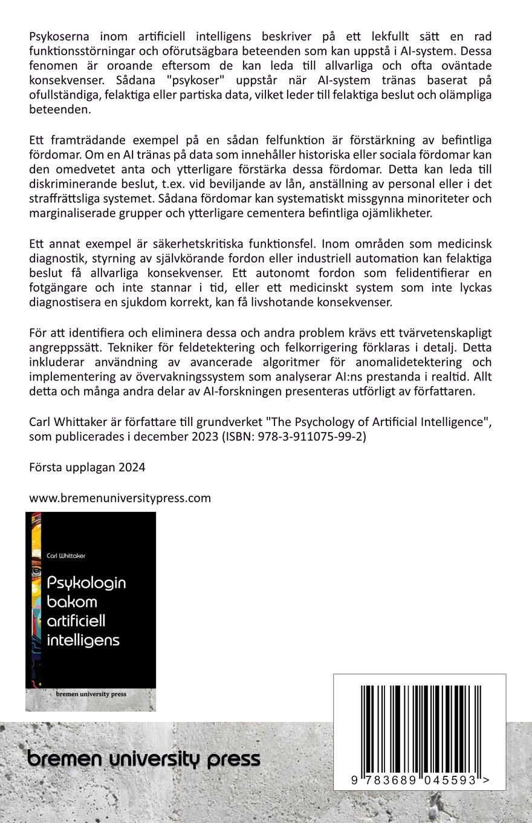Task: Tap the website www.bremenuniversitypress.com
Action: click(120, 498)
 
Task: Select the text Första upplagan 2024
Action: click(87, 467)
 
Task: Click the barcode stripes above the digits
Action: click(420, 728)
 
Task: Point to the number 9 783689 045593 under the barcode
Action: click(414, 781)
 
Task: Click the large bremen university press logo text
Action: click(144, 758)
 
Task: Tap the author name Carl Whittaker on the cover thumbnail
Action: click(66, 556)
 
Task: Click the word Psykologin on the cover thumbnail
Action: click(86, 582)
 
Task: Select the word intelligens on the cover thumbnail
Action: click(83, 640)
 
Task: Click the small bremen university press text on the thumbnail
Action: click(91, 694)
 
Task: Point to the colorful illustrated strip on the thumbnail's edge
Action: click(36, 599)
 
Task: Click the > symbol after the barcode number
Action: click(486, 781)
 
